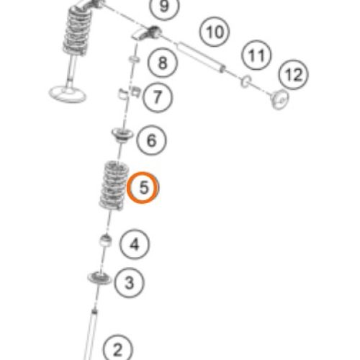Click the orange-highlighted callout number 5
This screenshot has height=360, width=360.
pos(143,187)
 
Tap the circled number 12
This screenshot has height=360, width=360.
pos(293,75)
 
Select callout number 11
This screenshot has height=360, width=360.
pos(256,55)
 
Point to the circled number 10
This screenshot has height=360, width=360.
pos(215,32)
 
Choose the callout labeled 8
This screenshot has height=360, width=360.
pos(163,63)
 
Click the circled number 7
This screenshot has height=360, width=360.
pos(158,97)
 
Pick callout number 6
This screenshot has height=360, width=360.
pos(151,140)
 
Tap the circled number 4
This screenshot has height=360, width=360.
pos(135,244)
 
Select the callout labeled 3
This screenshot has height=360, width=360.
pos(130,282)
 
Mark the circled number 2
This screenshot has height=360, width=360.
pos(117,349)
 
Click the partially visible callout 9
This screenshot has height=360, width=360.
pos(164,6)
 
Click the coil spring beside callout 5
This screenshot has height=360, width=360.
pos(114,186)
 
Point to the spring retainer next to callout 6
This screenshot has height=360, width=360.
pos(122,135)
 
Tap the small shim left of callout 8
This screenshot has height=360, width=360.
pos(134,59)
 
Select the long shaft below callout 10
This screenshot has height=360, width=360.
pos(201,57)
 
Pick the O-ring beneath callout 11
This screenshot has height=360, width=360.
pos(246,81)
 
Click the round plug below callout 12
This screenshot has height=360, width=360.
pos(279,99)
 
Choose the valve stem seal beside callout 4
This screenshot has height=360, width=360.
pos(106,240)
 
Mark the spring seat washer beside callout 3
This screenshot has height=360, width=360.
pos(99,279)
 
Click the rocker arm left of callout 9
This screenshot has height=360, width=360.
pos(147,33)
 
